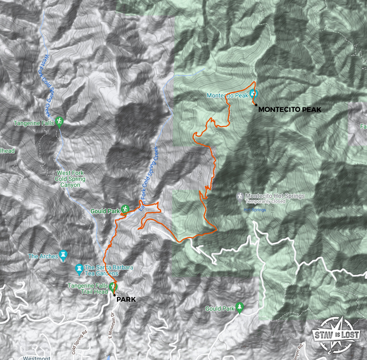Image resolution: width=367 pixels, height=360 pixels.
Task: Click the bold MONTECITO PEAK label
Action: (x=290, y=109)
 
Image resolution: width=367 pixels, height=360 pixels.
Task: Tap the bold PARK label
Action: (x=126, y=300)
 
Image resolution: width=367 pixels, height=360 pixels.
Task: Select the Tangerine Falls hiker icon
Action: (x=59, y=121)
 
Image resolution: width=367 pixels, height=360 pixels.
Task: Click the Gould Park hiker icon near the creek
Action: (x=125, y=209)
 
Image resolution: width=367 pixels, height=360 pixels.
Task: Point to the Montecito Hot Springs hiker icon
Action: (x=241, y=196)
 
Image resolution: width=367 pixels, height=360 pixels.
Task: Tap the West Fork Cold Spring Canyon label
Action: (x=71, y=179)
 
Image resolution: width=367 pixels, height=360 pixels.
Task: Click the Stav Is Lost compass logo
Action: (x=336, y=335)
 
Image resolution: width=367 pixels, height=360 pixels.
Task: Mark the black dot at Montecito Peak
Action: (x=256, y=104)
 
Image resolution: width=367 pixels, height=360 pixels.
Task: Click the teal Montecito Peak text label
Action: (x=227, y=96)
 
